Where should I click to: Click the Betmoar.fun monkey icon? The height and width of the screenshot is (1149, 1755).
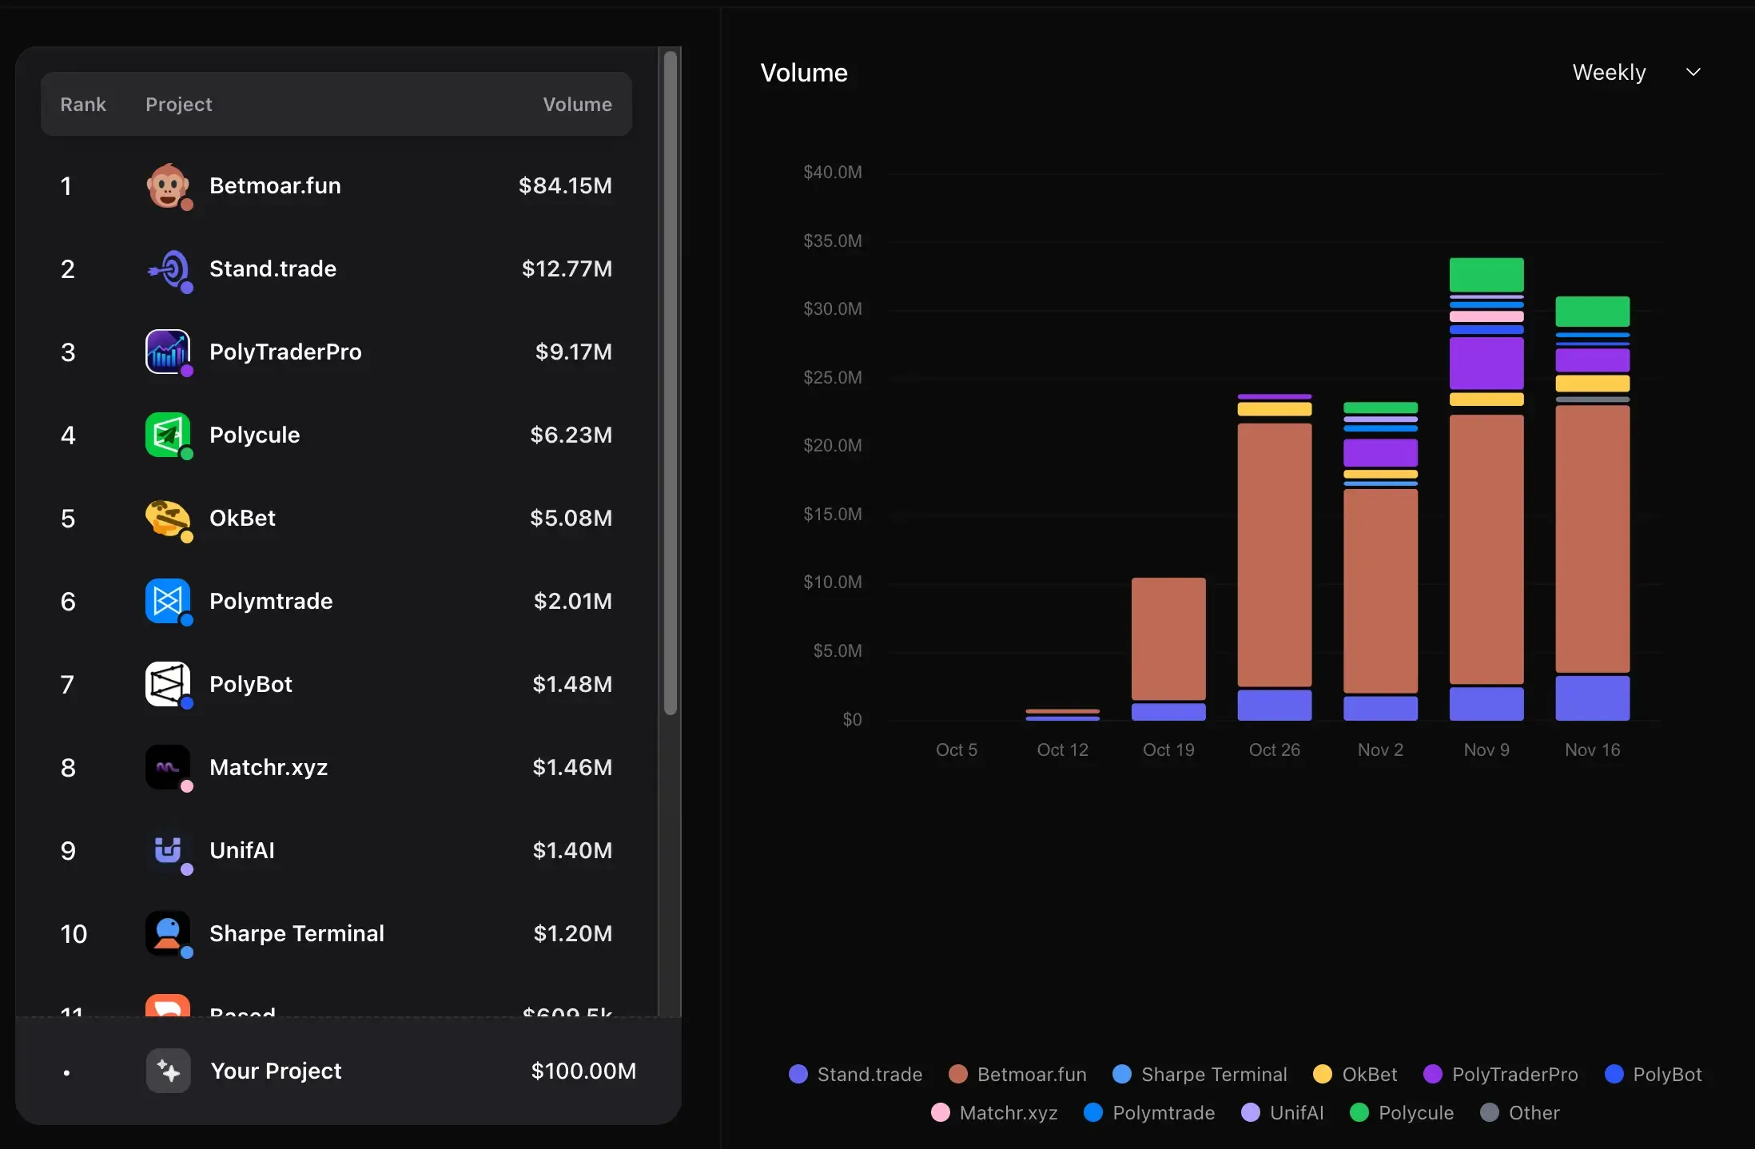[x=167, y=185]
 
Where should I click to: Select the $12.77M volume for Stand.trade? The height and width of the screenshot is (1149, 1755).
[x=567, y=268]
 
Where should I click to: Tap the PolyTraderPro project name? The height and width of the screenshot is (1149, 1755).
[x=285, y=352]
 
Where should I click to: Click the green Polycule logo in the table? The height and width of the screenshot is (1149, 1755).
[x=167, y=435]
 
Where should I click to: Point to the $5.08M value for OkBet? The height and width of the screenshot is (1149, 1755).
[x=571, y=518]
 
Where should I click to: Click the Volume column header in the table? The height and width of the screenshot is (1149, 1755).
[x=577, y=105]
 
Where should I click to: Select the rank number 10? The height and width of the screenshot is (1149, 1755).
[x=74, y=933]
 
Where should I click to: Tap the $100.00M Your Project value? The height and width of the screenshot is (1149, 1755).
[x=583, y=1071]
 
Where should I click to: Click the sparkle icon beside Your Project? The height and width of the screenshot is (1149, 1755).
[x=168, y=1071]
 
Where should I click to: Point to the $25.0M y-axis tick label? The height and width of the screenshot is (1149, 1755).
[x=832, y=377]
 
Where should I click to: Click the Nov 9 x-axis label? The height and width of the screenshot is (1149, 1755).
[x=1486, y=749]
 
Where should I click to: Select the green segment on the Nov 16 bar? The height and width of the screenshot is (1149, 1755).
[x=1592, y=311]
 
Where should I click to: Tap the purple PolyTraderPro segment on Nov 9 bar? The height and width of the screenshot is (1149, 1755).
[x=1486, y=363]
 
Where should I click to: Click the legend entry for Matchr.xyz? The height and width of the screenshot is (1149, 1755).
[x=995, y=1112]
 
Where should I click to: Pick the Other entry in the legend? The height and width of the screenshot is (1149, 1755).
[x=1520, y=1112]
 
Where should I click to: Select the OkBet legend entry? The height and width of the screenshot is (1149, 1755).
[x=1356, y=1074]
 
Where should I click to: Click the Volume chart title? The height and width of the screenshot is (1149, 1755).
[x=803, y=73]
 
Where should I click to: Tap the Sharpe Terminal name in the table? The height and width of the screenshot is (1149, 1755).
[x=296, y=933]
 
